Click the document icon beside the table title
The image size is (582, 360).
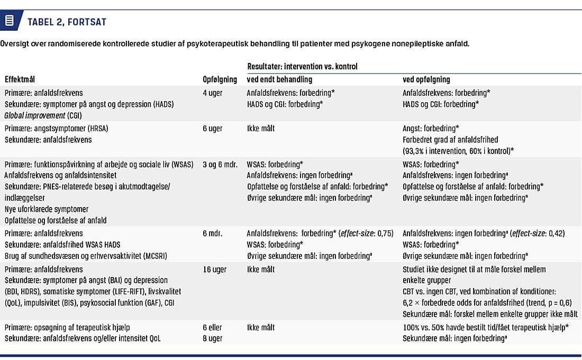pos(10,22)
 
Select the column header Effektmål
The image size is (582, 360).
pos(20,79)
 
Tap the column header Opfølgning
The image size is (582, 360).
pos(220,79)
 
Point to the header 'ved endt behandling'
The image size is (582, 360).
pos(279,79)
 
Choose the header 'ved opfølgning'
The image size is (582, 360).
pos(426,79)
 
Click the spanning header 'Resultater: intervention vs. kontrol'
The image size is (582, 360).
pos(302,67)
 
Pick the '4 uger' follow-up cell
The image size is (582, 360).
pos(213,93)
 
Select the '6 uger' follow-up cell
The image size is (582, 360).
pos(213,128)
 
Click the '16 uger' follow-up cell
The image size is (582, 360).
pos(215,269)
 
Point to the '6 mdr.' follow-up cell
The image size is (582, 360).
pos(213,233)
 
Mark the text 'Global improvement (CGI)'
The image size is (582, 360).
pos(42,115)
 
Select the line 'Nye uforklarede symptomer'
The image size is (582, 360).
pos(47,209)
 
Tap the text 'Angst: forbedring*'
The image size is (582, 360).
pos(431,128)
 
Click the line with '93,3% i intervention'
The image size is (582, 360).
pos(458,151)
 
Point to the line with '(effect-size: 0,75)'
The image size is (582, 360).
pos(320,233)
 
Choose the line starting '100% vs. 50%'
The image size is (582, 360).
pos(486,327)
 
